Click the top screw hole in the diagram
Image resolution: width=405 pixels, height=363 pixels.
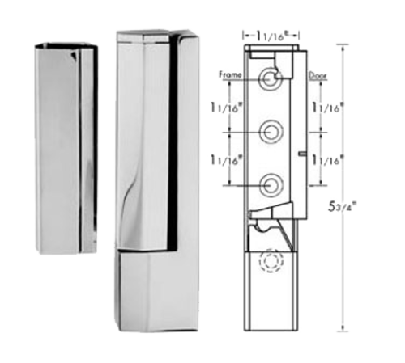click(271, 78)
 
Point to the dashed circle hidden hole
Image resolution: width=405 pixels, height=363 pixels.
click(270, 264)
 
